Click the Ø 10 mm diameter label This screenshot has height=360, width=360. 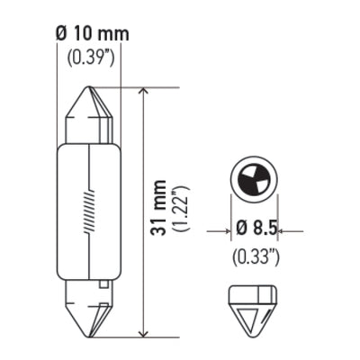tap(89, 34)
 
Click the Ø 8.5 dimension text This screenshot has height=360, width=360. tap(256, 232)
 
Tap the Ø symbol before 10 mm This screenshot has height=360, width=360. tap(58, 34)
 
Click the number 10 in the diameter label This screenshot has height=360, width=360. tap(82, 34)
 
